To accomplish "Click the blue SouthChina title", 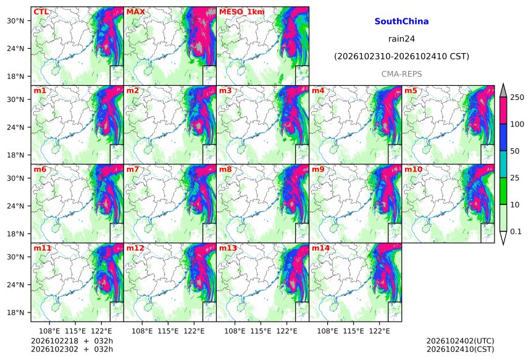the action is coord(401,22).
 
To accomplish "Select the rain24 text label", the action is coord(401,39).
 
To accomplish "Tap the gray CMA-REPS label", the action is coord(401,74).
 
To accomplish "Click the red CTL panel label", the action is coord(41,12).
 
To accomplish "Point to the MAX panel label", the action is coord(135,12).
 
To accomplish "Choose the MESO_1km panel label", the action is coord(242,12).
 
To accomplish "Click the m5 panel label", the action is coord(411,91).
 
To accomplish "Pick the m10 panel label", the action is coord(414,169).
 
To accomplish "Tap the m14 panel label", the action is coord(320,248).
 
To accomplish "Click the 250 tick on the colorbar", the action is coord(517,98).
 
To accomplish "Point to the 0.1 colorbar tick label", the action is coord(516,232).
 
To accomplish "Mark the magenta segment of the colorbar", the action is coord(503,111).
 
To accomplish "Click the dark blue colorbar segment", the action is coord(503,137).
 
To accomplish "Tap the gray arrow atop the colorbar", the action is coord(503,90).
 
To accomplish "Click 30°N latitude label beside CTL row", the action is coord(15,20).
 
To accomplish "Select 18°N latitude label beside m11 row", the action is coord(15,312).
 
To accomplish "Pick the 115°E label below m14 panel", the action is coord(354,331).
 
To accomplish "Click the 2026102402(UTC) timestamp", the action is coord(460,341).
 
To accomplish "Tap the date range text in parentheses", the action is coord(401,56).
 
